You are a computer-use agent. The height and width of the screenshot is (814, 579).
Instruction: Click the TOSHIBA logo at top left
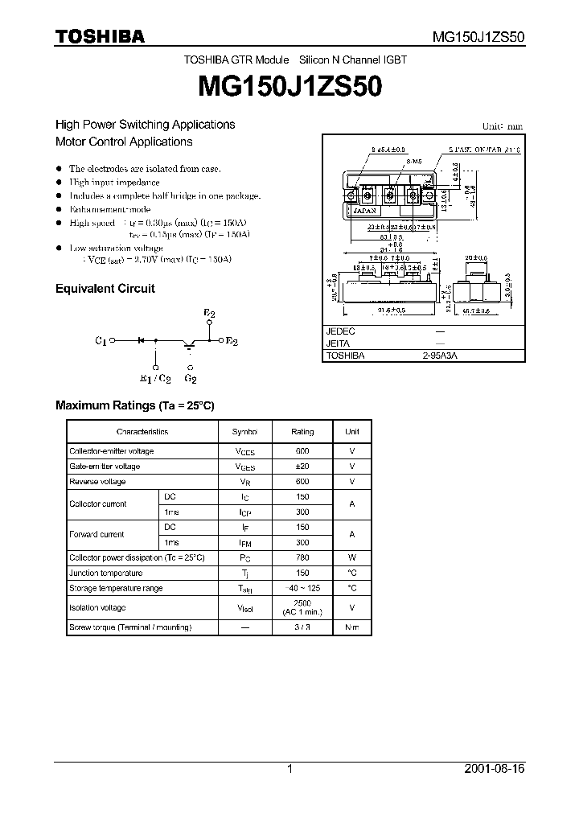(x=100, y=37)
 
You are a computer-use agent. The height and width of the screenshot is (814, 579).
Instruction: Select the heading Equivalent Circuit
(x=105, y=289)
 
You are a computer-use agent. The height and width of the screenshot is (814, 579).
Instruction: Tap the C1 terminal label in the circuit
(x=101, y=341)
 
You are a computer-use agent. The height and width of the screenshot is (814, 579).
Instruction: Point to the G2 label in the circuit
(x=191, y=377)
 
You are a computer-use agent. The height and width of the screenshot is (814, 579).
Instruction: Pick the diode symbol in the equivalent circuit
(x=141, y=341)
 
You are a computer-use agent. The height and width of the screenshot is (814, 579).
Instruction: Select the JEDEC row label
(x=341, y=331)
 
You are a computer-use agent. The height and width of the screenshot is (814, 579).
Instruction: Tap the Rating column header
(x=302, y=432)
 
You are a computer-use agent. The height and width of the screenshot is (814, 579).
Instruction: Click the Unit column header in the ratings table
(x=352, y=432)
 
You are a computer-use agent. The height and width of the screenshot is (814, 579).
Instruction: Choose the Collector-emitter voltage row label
(x=111, y=451)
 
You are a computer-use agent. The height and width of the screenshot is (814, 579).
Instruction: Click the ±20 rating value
(x=302, y=467)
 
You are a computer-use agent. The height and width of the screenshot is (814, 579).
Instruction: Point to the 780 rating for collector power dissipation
(x=302, y=557)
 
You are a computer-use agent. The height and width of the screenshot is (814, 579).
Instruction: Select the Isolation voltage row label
(x=97, y=608)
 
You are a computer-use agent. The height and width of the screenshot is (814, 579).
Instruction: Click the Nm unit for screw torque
(x=352, y=627)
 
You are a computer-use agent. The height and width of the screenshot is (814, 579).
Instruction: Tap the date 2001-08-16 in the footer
(x=495, y=770)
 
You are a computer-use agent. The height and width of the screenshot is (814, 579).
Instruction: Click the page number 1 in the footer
(x=289, y=770)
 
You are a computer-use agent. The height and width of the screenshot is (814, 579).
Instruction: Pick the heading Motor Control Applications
(x=124, y=142)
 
